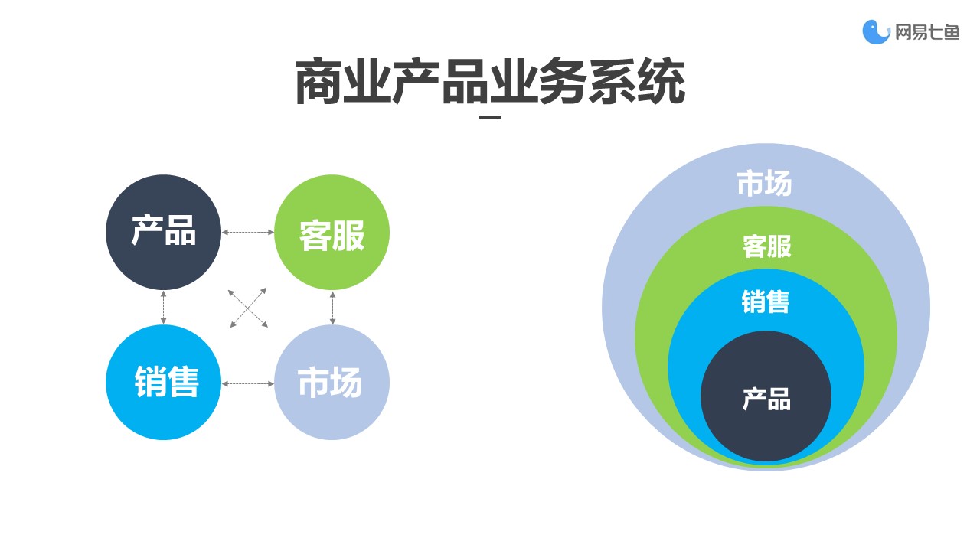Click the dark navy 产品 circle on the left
[x=164, y=232]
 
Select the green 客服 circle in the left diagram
[x=332, y=232]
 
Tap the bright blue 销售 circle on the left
[x=164, y=383]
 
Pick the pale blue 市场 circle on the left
[x=332, y=383]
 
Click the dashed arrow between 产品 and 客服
[x=248, y=232]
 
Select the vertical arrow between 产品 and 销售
[x=164, y=308]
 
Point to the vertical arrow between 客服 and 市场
[x=332, y=308]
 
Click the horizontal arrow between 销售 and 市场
[x=248, y=384]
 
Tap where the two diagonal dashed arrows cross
[x=248, y=308]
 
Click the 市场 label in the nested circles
[x=764, y=183]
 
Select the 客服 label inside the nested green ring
[x=767, y=246]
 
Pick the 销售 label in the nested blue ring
[x=766, y=302]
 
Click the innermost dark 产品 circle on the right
[x=766, y=396]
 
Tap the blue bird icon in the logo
[x=876, y=32]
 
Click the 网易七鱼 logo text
[x=927, y=32]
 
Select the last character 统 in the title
[x=661, y=82]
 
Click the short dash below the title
[x=489, y=117]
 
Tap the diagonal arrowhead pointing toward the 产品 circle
[x=231, y=292]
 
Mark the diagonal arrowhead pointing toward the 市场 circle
[x=264, y=324]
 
